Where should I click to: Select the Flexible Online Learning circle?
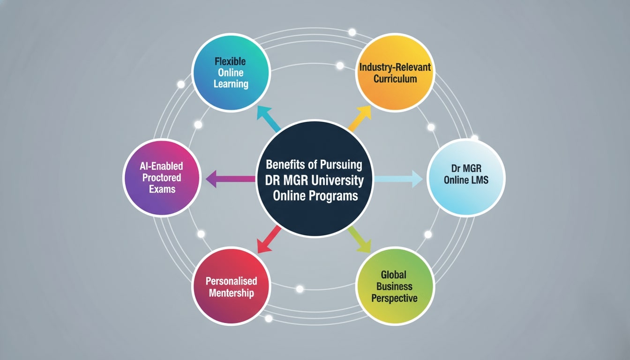[x=231, y=73]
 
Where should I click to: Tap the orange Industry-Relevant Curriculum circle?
[x=395, y=73]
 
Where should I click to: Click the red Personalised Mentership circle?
[x=231, y=286]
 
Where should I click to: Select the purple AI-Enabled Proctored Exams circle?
[x=162, y=178]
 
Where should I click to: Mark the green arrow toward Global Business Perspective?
[x=360, y=239]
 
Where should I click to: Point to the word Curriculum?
[x=395, y=79]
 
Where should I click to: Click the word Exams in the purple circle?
[x=163, y=189]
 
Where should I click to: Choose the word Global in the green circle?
[x=394, y=274]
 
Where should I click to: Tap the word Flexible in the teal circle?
[x=230, y=61]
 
